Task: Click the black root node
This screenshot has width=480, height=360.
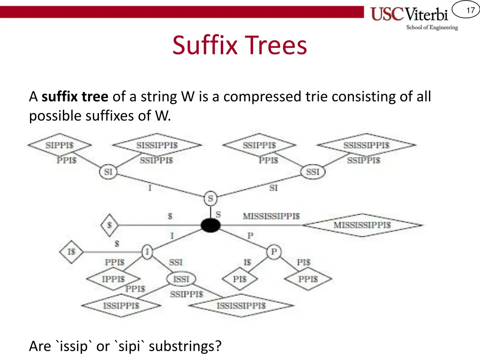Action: pos(210,225)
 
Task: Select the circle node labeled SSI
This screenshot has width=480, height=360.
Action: pos(313,172)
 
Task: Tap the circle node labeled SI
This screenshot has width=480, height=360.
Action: pos(108,172)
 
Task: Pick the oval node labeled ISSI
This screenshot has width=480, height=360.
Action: pos(181,279)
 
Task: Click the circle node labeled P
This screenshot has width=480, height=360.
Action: pos(274,253)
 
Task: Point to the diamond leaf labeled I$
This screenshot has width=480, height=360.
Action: pos(71,252)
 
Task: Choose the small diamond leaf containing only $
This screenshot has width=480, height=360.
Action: pos(109,225)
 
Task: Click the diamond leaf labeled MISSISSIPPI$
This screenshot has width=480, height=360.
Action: pos(362,225)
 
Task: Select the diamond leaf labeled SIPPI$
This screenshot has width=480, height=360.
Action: pos(60,145)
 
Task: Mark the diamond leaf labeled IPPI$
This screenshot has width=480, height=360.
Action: pos(113,279)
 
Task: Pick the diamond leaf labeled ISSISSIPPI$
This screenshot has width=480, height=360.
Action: pos(241,306)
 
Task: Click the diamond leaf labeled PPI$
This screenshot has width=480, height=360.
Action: pos(308,279)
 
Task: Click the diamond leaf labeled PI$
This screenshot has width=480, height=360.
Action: pos(240,279)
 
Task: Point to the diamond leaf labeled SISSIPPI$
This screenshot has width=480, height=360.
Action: pos(157,145)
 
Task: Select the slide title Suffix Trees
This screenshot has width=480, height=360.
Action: pos(240,45)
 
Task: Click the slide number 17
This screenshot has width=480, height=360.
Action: pos(470,11)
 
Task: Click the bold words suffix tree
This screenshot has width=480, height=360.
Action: pos(75,97)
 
